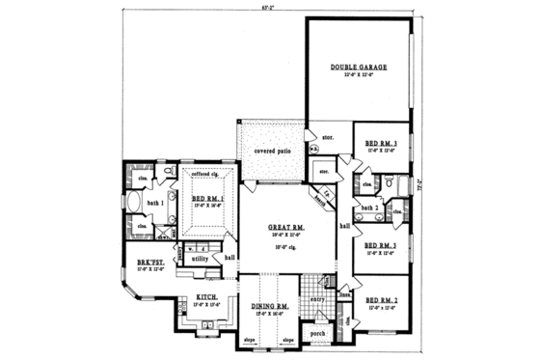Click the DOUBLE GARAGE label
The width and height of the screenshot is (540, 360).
pyautogui.click(x=359, y=68)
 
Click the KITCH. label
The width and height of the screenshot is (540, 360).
pyautogui.click(x=203, y=298)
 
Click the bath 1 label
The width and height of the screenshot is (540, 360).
pyautogui.click(x=155, y=203)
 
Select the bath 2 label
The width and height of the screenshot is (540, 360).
pyautogui.click(x=368, y=208)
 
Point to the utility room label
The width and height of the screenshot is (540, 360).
pyautogui.click(x=200, y=259)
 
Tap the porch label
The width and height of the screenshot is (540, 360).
pyautogui.click(x=316, y=336)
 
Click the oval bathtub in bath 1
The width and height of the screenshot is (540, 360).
pyautogui.click(x=135, y=204)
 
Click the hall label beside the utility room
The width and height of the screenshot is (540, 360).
pyautogui.click(x=230, y=258)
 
